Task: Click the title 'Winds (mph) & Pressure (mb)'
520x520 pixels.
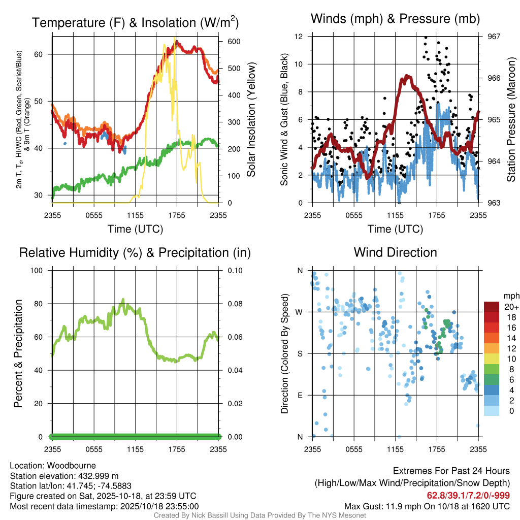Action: (395, 19)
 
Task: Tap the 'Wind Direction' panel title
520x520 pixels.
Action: (395, 252)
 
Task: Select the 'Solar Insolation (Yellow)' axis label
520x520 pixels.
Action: (251, 119)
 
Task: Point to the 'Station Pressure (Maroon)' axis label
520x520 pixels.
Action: (511, 119)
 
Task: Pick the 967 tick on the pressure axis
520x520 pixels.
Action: (494, 37)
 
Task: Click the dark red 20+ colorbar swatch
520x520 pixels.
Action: (492, 307)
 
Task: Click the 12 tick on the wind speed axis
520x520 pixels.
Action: (300, 37)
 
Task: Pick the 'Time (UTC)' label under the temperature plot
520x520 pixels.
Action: (135, 229)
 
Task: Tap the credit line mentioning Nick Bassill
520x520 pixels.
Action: (259, 515)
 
